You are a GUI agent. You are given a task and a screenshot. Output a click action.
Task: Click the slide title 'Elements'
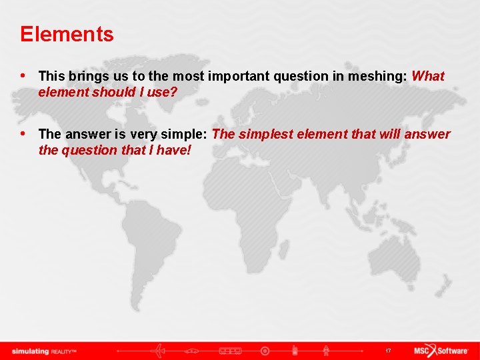pos(67,34)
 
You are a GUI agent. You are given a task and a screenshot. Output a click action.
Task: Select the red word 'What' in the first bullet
pos(428,77)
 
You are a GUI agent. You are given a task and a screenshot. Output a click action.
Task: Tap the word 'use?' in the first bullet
pos(163,93)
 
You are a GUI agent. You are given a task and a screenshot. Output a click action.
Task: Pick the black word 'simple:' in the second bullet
pos(187,135)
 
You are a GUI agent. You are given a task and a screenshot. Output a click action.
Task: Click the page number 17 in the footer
pos(388,351)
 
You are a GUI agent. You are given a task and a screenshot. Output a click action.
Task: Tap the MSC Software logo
pos(441,351)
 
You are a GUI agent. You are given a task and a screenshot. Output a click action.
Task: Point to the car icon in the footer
pos(194,351)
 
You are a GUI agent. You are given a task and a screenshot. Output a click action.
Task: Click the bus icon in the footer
pos(230,351)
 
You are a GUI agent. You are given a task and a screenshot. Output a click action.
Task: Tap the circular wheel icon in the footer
pos(265,351)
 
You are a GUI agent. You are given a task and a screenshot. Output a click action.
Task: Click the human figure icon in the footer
pos(326,351)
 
